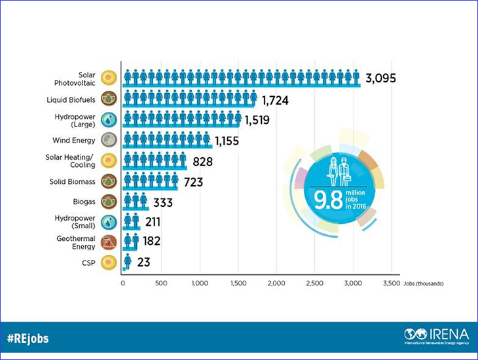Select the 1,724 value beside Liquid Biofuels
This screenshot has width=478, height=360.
pos(275,100)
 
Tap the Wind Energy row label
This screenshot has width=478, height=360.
pos(74,140)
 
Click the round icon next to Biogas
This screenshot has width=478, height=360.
pos(109,201)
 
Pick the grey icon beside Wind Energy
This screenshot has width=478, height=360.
pos(109,140)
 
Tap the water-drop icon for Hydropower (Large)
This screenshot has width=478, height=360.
pos(109,120)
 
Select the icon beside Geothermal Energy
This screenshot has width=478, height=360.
pos(109,242)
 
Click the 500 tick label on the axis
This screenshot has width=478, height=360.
pos(161,283)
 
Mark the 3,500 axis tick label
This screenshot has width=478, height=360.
pos(392,283)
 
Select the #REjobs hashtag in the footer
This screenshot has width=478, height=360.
pos(28,339)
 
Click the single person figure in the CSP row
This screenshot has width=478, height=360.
pos(128,262)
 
